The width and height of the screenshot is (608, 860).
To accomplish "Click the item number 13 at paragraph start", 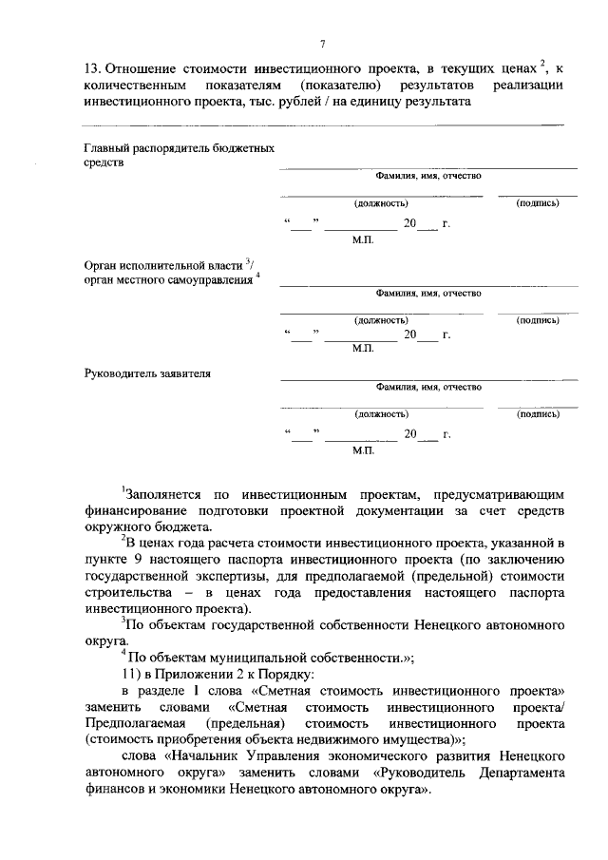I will [93, 68].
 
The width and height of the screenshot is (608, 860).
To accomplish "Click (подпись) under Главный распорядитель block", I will [537, 203].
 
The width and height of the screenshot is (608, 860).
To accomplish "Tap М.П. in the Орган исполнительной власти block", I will [364, 349].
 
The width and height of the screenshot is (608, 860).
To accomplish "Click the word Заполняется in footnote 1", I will [162, 494].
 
